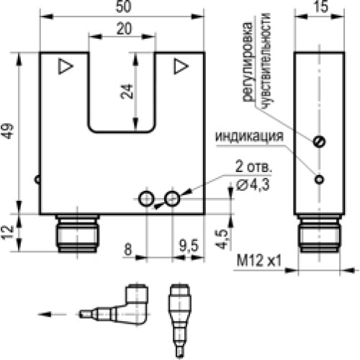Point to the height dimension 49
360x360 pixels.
(8, 134)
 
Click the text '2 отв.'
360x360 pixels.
(251, 168)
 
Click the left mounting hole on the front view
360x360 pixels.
(146, 198)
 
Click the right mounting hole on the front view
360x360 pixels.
(171, 198)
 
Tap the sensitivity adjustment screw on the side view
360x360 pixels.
(318, 143)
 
